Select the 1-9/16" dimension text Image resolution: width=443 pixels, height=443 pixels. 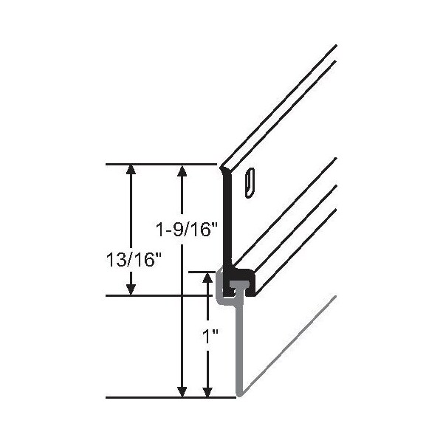[x=185, y=230]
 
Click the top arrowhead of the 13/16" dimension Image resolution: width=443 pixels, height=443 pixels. [x=131, y=170]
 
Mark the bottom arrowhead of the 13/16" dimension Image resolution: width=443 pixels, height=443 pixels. [x=131, y=289]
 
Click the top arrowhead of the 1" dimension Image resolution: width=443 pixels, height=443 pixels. [x=209, y=278]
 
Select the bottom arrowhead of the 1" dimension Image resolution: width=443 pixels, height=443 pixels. [x=209, y=391]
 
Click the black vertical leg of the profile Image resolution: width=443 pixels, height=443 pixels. [x=228, y=221]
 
